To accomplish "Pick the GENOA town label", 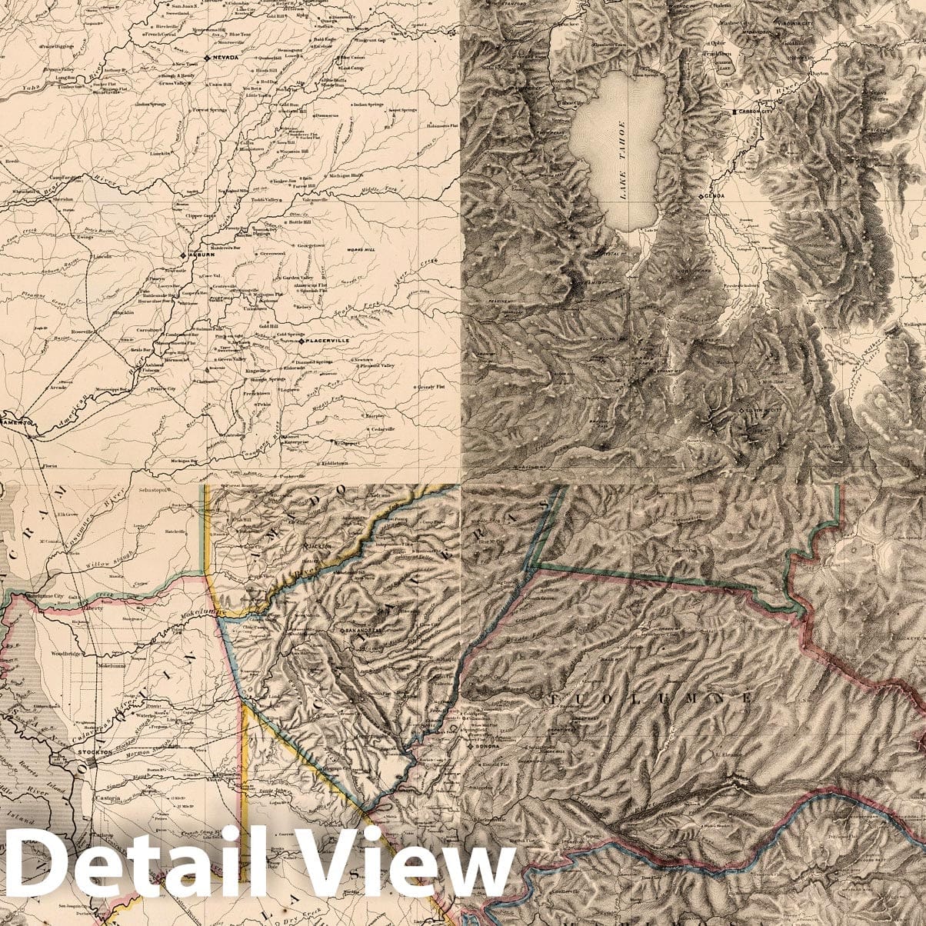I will point(715,197).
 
